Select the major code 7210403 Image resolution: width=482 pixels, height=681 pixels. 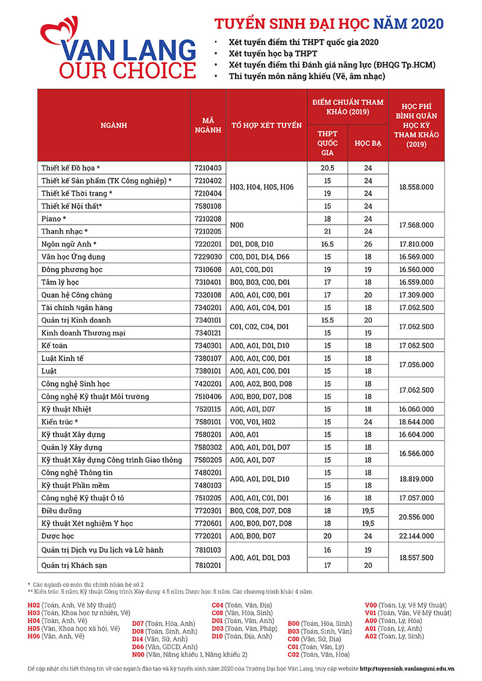click(208, 167)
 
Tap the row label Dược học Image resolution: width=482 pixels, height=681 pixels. click(58, 536)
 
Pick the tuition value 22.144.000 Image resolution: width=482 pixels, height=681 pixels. click(416, 536)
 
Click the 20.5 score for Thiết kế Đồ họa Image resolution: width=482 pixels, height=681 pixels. click(327, 167)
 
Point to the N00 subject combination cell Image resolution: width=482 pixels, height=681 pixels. click(239, 225)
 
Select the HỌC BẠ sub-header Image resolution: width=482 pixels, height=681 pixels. click(368, 143)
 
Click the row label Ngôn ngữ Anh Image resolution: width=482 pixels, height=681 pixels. click(69, 244)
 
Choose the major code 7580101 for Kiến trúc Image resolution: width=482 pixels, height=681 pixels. click(208, 422)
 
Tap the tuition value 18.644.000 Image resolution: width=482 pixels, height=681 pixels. click(416, 422)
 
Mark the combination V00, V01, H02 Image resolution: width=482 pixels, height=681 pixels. click(252, 422)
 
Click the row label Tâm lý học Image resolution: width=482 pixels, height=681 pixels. click(60, 282)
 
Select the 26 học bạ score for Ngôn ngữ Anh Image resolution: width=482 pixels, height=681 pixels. click(368, 244)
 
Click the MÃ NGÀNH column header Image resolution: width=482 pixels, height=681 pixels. click(208, 125)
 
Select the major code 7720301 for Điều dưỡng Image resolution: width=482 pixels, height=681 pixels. click(208, 511)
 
